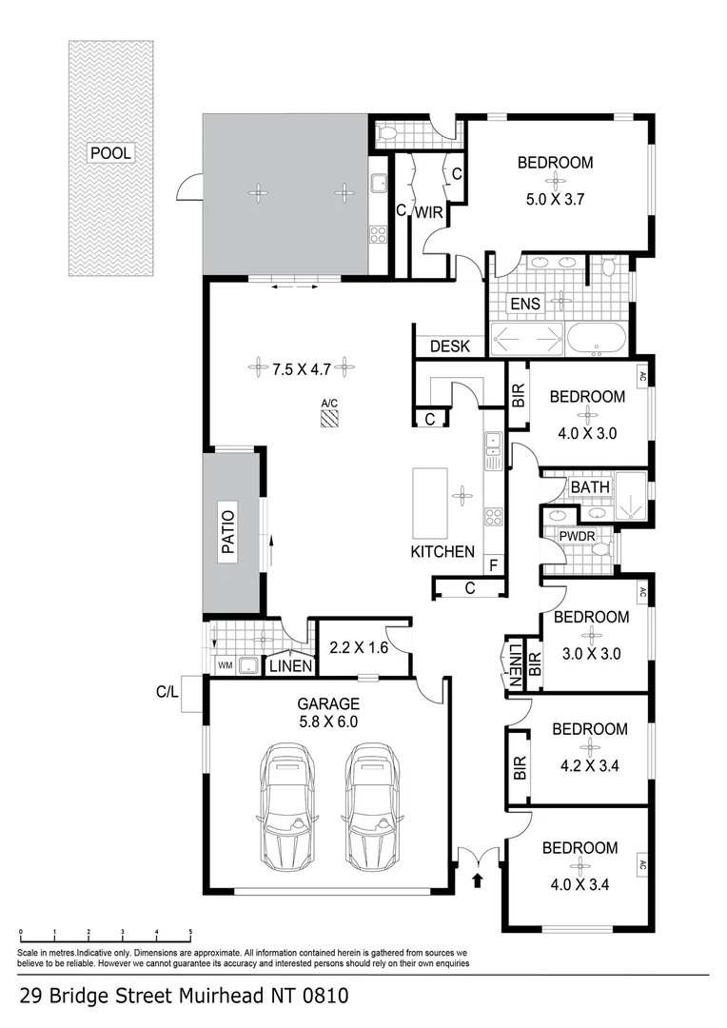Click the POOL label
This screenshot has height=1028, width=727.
point(110,152)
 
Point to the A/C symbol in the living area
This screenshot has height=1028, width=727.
point(330,417)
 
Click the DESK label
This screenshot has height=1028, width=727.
point(450,346)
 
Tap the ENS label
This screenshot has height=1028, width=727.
point(525,304)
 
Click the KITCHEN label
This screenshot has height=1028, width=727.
point(442,552)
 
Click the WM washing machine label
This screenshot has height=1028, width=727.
point(226,665)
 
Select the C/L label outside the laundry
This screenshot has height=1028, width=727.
point(168,692)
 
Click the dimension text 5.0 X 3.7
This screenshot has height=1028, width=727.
point(555,200)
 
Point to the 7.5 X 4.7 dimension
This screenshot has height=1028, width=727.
point(302,366)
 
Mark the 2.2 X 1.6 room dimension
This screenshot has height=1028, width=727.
point(359,646)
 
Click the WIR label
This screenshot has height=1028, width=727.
point(428,212)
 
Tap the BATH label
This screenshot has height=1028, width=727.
point(590,487)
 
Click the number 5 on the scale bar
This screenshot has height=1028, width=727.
point(190,933)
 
